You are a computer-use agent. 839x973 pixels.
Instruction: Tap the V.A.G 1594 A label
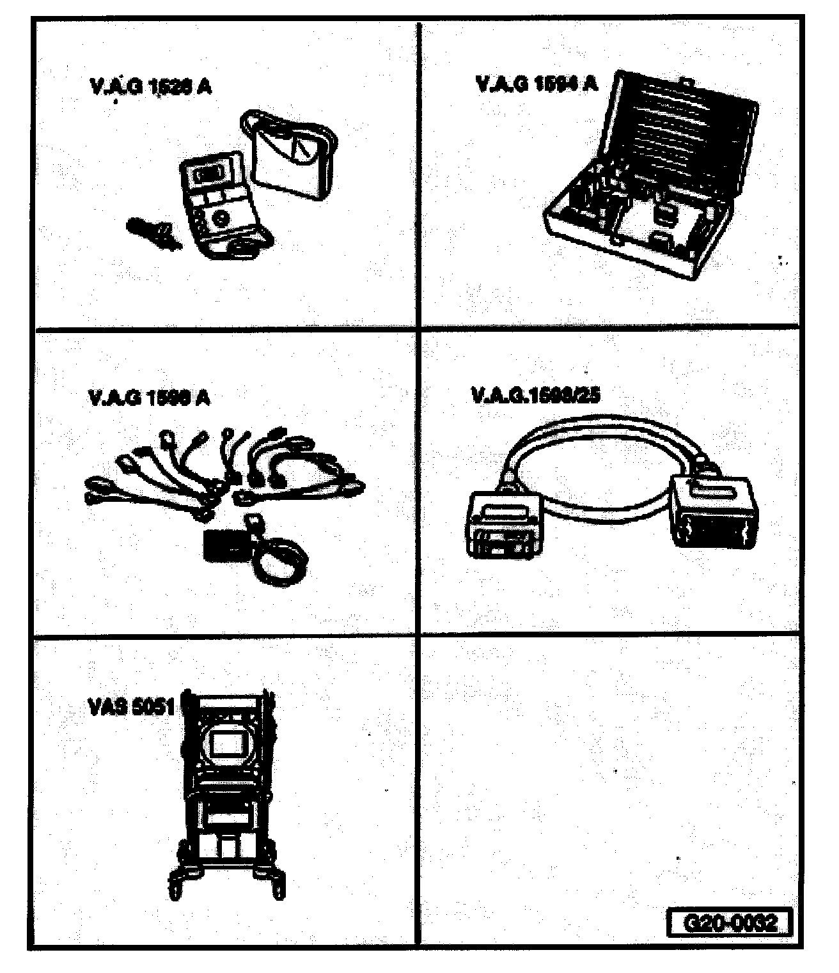[536, 84]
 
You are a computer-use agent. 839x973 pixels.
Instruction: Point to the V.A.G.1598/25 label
[536, 395]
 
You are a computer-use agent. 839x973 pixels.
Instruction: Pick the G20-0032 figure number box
[730, 923]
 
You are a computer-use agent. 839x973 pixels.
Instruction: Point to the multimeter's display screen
[207, 173]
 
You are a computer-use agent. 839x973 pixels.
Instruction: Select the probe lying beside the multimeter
[151, 233]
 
